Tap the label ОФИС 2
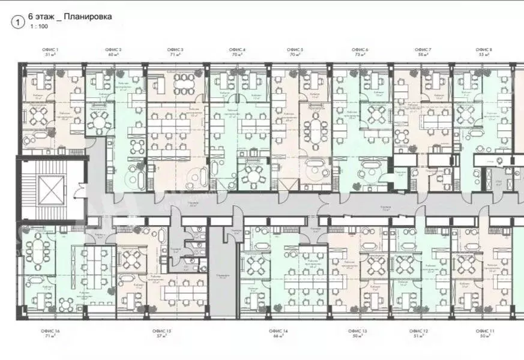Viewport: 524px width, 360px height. (x=113, y=49)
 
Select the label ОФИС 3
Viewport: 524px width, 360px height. (x=175, y=49)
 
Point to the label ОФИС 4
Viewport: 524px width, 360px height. (x=237, y=49)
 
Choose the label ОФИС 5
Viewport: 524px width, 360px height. (x=295, y=49)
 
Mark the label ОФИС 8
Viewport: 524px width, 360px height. (x=484, y=49)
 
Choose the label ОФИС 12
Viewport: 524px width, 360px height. (x=418, y=331)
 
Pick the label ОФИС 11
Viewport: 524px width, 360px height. (x=484, y=331)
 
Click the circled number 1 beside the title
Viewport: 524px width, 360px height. (x=18, y=22)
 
